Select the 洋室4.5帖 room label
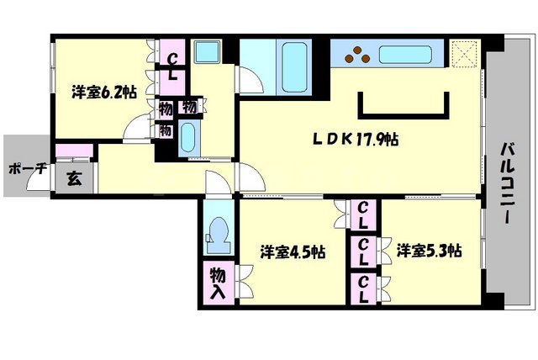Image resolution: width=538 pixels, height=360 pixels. (x=293, y=251)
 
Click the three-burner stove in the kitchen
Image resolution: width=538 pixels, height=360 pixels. (x=360, y=55)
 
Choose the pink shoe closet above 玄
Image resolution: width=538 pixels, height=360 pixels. (x=72, y=151)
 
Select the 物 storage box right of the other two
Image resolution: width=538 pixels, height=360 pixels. (x=191, y=108)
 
